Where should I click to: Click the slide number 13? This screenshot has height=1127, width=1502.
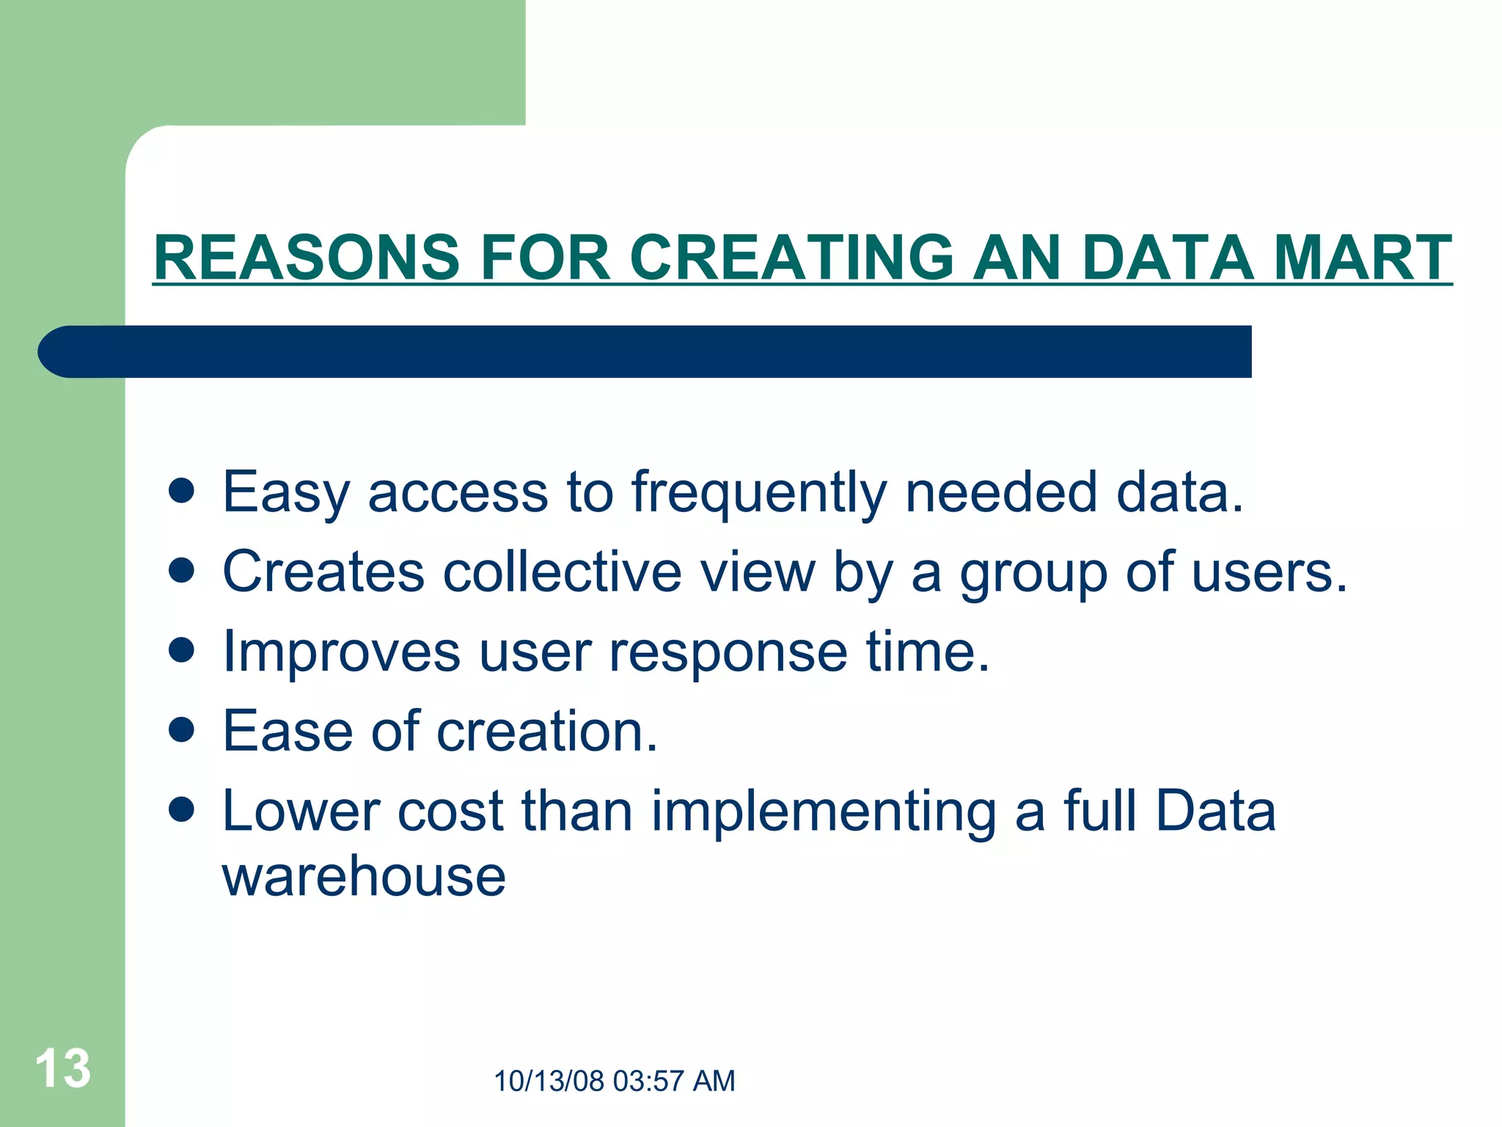point(63,1068)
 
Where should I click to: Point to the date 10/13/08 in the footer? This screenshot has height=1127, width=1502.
point(549,1082)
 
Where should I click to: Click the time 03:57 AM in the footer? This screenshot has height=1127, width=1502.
point(674,1082)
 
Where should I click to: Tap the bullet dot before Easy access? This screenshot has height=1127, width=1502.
point(181,491)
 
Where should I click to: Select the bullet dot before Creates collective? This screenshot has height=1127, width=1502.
point(181,570)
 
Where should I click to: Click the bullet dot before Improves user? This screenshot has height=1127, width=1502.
point(181,649)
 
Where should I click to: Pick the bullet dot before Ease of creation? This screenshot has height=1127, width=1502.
point(181,729)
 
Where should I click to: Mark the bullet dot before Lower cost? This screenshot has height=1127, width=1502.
point(181,809)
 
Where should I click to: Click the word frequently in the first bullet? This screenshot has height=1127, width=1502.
point(759,493)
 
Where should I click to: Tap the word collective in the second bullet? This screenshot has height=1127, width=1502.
point(563,572)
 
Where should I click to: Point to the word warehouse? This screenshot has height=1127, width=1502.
point(364,876)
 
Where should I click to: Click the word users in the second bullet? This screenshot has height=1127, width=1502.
point(1269,573)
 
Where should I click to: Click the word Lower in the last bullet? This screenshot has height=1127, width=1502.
point(301,811)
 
